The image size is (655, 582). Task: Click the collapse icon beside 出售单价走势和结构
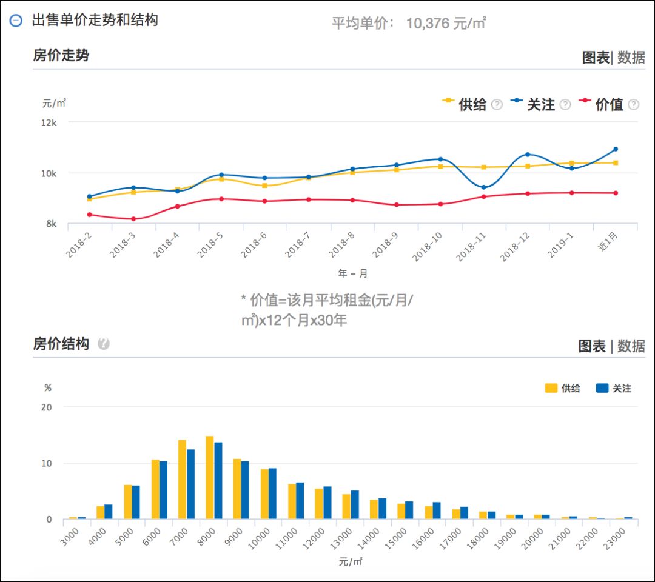(x=16, y=20)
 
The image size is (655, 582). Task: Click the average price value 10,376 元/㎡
(x=446, y=24)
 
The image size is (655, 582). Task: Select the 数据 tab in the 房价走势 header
(x=631, y=58)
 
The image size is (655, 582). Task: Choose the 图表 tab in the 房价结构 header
(x=592, y=346)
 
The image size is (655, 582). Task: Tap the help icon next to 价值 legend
(x=633, y=104)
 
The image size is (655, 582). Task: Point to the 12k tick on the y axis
(x=49, y=122)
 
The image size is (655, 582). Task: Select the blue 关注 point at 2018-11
(x=483, y=187)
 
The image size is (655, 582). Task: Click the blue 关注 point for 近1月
(x=616, y=149)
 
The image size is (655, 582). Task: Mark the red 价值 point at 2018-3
(x=133, y=219)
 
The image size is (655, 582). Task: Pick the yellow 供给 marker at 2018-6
(x=264, y=186)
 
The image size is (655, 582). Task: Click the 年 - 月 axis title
(x=353, y=273)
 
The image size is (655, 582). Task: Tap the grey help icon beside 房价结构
(x=104, y=344)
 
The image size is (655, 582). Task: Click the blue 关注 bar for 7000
(x=190, y=484)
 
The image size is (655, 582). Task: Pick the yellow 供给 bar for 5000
(x=128, y=502)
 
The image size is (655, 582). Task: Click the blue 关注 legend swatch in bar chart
(x=602, y=389)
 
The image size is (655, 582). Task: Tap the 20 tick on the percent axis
(x=47, y=407)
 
